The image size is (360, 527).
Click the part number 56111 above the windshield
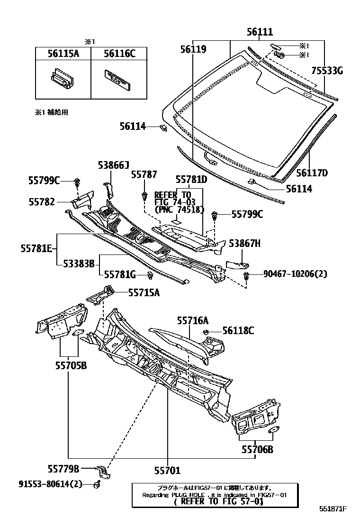[x=259, y=33]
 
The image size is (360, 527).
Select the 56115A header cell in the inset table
[x=63, y=54]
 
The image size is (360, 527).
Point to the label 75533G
[x=327, y=71]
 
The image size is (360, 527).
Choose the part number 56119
[x=193, y=48]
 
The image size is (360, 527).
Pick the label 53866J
[x=113, y=165]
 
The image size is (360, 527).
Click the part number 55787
[x=144, y=175]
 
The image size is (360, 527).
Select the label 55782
[x=42, y=201]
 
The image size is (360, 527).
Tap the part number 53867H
[x=245, y=244]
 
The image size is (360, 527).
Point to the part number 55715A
[x=144, y=293]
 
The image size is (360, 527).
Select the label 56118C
[x=238, y=331]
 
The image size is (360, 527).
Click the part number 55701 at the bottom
[x=167, y=471]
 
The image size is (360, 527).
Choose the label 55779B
[x=63, y=469]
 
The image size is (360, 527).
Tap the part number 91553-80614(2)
[x=51, y=484]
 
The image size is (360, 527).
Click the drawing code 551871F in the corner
[x=332, y=509]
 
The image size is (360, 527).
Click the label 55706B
[x=257, y=449]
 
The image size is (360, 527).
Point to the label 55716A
[x=193, y=321]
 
